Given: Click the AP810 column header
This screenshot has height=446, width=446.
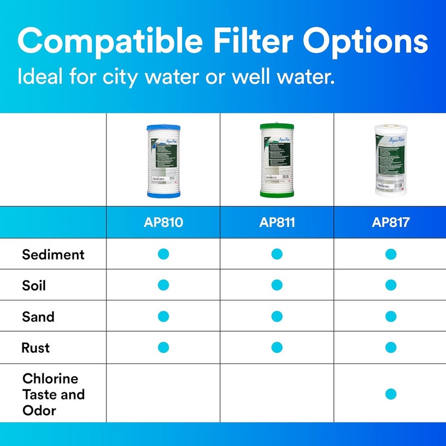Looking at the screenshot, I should pos(163,222).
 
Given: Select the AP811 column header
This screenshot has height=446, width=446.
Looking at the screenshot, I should pos(277,222).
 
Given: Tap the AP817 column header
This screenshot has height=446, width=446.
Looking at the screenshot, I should pos(390,222).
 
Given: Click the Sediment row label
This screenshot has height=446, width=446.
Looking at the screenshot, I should pos(54,255).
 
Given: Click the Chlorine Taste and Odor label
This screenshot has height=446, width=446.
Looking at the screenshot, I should pos(54,394).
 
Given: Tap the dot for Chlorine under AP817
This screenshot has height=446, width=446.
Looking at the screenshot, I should pos(390,394).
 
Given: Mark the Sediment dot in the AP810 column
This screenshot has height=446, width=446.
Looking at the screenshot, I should pos(163,254).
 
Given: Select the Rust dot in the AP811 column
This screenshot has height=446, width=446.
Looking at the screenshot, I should pos(277,347).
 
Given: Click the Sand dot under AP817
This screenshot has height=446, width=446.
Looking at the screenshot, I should pos(390,317).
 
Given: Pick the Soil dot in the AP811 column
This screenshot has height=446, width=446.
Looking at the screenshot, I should pos(277,285).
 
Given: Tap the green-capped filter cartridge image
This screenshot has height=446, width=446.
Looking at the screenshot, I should pos(277,160).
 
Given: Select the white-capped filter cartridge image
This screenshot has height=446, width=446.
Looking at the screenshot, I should pos(390,160).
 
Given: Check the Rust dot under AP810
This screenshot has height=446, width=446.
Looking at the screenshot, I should pos(163,347).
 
